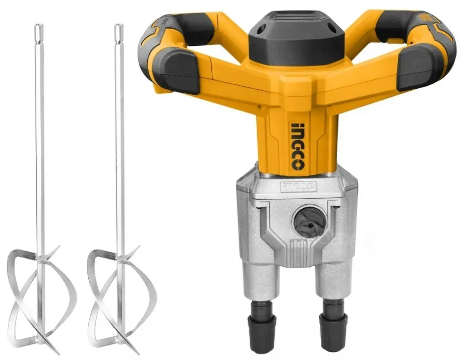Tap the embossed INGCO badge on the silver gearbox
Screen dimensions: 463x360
tap(299, 186)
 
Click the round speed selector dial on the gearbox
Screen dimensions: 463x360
tap(309, 221)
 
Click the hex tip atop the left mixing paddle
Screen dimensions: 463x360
tap(38, 30)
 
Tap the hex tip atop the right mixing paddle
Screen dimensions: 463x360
tap(118, 30)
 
